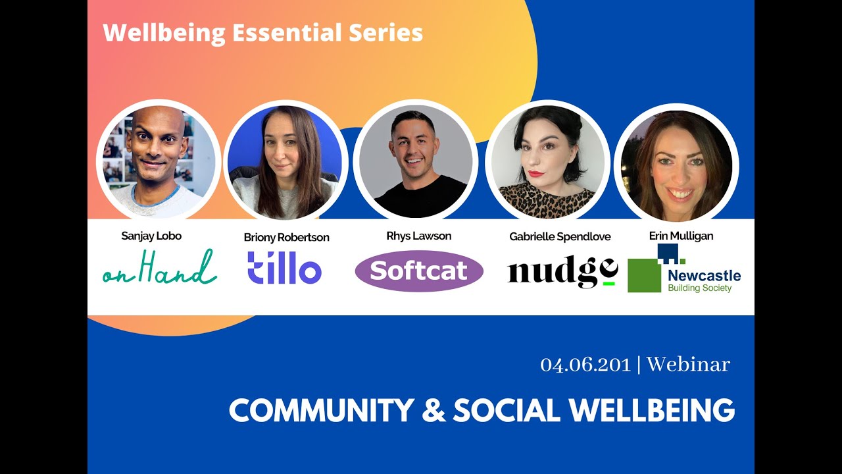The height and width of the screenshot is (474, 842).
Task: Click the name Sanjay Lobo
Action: [x=151, y=236]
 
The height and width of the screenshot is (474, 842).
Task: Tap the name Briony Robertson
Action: [x=286, y=237]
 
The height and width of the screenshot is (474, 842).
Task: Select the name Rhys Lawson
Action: [x=418, y=236]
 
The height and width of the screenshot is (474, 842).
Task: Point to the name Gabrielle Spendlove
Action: [x=560, y=237]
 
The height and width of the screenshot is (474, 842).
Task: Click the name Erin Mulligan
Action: [x=681, y=236]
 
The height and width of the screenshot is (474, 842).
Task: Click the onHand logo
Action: [x=159, y=268]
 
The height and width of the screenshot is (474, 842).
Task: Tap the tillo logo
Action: [x=284, y=269]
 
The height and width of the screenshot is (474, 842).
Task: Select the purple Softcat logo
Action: [x=419, y=271]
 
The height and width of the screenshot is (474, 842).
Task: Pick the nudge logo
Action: [x=562, y=271]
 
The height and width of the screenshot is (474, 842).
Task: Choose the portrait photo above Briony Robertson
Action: [x=285, y=161]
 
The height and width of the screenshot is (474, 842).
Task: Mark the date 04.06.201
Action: [x=585, y=365]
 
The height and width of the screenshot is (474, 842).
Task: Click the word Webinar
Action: [x=688, y=365]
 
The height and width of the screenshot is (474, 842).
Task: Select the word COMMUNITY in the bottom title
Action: [x=320, y=410]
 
